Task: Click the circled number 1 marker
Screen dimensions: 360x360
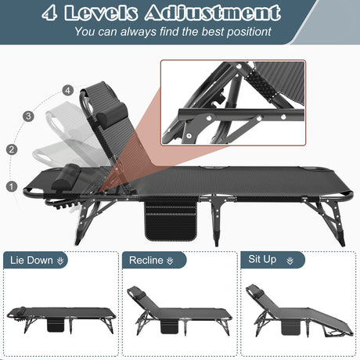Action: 11,186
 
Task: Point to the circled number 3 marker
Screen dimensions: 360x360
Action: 30,116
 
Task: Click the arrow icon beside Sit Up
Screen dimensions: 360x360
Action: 291,261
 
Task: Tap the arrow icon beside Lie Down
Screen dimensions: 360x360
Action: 61,261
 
